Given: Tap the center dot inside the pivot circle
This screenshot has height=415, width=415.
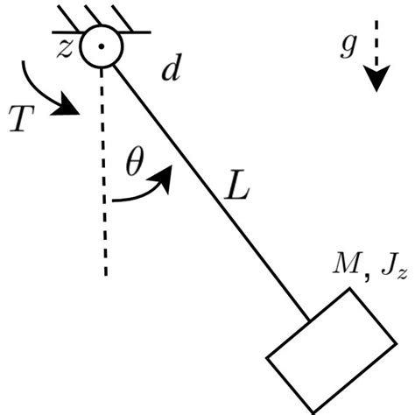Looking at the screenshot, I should (102, 46).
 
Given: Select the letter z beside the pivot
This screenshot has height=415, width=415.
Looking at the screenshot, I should (64, 48).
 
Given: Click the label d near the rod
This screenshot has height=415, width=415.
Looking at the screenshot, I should (170, 71).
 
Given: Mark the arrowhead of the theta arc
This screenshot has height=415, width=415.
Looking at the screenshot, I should (165, 174).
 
